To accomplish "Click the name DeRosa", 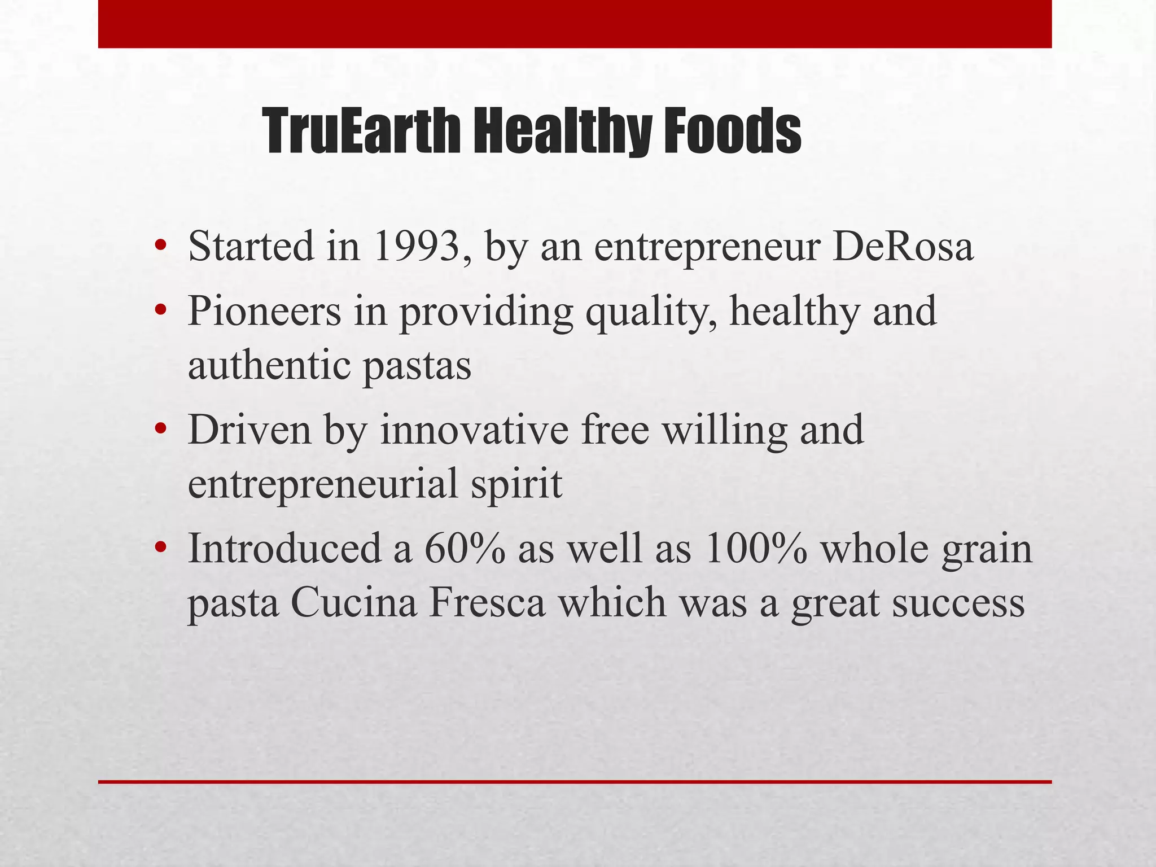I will [x=903, y=247].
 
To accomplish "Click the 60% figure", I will [x=464, y=549].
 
